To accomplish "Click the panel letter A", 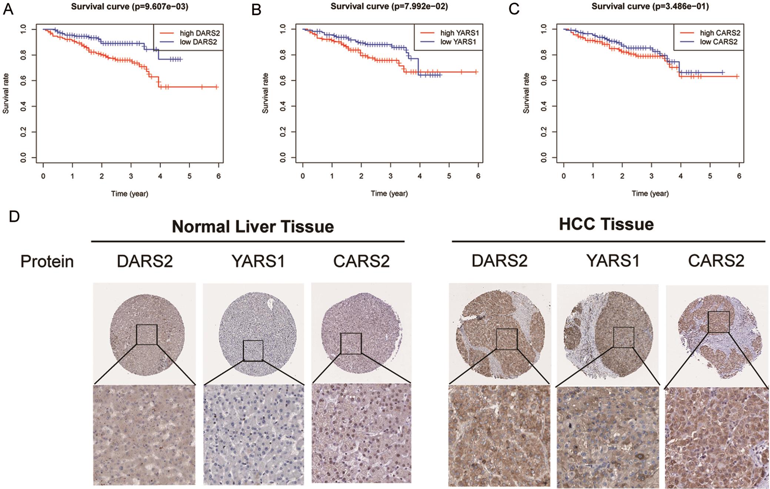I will click(8, 9).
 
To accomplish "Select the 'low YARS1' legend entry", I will click(458, 42).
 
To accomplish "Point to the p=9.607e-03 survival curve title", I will click(130, 6).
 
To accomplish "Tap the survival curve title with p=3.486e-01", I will click(650, 6).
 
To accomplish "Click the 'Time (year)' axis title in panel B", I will click(389, 193).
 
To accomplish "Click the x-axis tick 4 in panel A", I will click(160, 176).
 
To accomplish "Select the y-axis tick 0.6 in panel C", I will click(544, 80).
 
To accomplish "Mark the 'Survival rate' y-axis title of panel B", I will click(265, 93).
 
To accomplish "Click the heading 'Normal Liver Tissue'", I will click(253, 226).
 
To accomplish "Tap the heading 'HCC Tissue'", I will click(606, 224).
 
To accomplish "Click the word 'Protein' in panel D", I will click(47, 261).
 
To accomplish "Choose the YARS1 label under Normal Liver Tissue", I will click(258, 261).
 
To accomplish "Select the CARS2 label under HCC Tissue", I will click(716, 261).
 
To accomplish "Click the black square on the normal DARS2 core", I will click(147, 334).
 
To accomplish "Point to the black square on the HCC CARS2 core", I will click(719, 322).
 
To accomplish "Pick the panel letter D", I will click(14, 217).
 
